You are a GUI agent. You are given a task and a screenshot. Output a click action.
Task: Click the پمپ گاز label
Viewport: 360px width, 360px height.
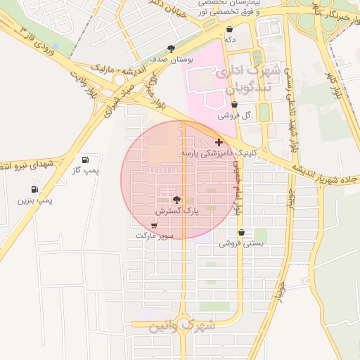coord(88,170)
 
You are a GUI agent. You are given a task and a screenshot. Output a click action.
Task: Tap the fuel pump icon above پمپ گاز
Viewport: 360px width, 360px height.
coord(86,160)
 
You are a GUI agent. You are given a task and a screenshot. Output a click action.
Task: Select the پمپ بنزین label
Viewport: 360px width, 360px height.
coord(35,200)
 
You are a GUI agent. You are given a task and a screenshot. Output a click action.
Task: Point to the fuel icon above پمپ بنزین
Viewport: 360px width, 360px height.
coord(34,190)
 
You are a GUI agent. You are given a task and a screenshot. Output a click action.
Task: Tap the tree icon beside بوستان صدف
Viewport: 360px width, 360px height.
coord(172,49)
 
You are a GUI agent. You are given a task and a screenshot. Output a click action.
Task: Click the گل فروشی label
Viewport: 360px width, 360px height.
coord(234,115)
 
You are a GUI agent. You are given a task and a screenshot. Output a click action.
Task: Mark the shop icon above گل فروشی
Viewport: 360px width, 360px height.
coord(234,105)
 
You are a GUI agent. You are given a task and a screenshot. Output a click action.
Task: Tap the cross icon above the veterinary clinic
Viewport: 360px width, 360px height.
coord(219,142)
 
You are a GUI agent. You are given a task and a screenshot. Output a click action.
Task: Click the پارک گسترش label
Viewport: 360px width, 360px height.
coord(176,210)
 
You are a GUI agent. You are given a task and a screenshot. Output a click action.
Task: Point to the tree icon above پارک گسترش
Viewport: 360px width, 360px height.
coord(176,200)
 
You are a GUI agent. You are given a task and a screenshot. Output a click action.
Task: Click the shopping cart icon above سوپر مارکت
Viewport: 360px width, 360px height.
coord(154,226)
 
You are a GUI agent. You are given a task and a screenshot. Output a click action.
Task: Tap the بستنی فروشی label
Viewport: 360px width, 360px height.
coord(242,243)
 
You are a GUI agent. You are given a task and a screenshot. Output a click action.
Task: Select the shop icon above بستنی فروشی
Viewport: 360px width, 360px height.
coord(242,233)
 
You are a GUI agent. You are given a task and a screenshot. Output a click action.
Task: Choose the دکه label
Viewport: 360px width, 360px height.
coord(230,40)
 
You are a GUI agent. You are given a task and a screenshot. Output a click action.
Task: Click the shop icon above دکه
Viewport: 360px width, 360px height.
coord(230,30)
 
